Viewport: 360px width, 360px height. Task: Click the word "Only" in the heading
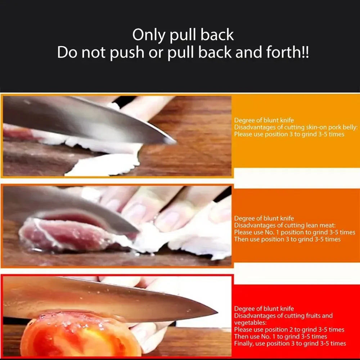coord(148,35)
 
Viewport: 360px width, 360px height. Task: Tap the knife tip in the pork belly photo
coord(174,141)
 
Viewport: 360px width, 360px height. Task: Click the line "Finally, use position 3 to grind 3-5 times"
coord(290,343)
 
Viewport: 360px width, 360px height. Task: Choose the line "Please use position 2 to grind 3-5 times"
coord(289,330)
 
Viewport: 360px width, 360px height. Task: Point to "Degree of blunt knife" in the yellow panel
coord(264,120)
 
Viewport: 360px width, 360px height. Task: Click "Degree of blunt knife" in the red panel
coord(264,309)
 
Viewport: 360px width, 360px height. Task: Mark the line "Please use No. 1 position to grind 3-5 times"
coord(294,232)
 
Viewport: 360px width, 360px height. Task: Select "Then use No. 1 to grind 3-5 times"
coord(280,337)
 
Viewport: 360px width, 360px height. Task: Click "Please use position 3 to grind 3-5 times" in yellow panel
coord(289,134)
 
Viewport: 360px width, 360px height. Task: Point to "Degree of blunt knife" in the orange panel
coord(264,219)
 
